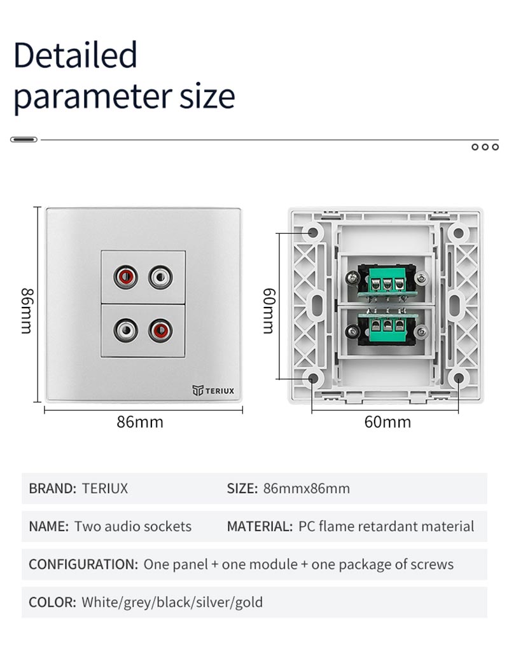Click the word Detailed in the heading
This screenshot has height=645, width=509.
point(75,55)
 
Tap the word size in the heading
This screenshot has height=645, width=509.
point(207,97)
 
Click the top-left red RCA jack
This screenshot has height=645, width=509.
point(125,277)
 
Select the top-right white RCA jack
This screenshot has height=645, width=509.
point(160,277)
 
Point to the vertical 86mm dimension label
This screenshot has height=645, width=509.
point(26,311)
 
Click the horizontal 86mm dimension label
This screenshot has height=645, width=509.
point(140,422)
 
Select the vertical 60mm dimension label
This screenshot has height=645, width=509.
point(268,311)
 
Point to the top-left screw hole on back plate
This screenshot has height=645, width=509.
point(313,233)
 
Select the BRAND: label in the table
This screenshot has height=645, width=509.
point(53,489)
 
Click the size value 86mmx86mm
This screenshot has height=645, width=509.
point(306,489)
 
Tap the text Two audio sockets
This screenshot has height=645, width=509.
point(132,526)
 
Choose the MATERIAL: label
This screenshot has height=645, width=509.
point(260,526)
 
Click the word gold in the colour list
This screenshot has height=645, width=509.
point(249,602)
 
